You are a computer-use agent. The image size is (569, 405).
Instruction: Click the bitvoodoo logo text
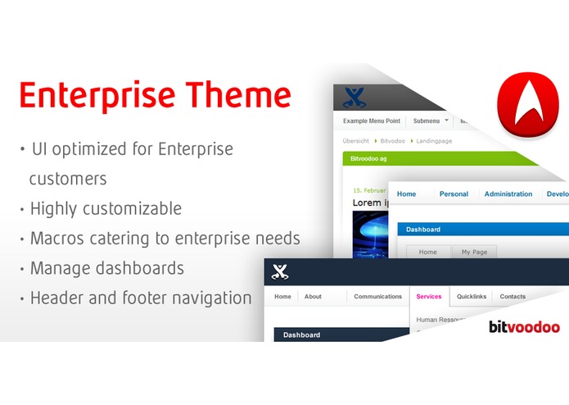tap(524, 327)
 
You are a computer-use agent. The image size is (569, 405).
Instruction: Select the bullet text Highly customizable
tap(106, 208)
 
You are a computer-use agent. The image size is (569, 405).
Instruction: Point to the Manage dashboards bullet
tap(106, 268)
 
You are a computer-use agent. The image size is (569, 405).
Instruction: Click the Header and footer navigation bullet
tap(140, 298)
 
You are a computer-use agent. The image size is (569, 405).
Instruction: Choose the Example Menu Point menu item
tap(373, 121)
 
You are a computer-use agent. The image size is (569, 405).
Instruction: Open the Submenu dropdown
tap(431, 121)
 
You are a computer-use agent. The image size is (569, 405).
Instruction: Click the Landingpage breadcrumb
tap(433, 141)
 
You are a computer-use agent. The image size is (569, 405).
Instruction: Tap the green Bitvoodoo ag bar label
tap(369, 158)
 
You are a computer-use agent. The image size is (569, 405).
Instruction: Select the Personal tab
tap(454, 194)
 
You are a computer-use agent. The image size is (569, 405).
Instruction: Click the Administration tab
tap(508, 194)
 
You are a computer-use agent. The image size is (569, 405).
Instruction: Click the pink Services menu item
tap(428, 297)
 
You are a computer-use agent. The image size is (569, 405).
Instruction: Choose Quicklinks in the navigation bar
tap(471, 297)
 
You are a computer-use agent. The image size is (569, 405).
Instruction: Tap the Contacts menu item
tap(513, 297)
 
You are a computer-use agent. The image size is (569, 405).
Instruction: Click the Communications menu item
tap(377, 297)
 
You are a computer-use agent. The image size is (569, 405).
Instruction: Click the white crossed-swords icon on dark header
tap(280, 272)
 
